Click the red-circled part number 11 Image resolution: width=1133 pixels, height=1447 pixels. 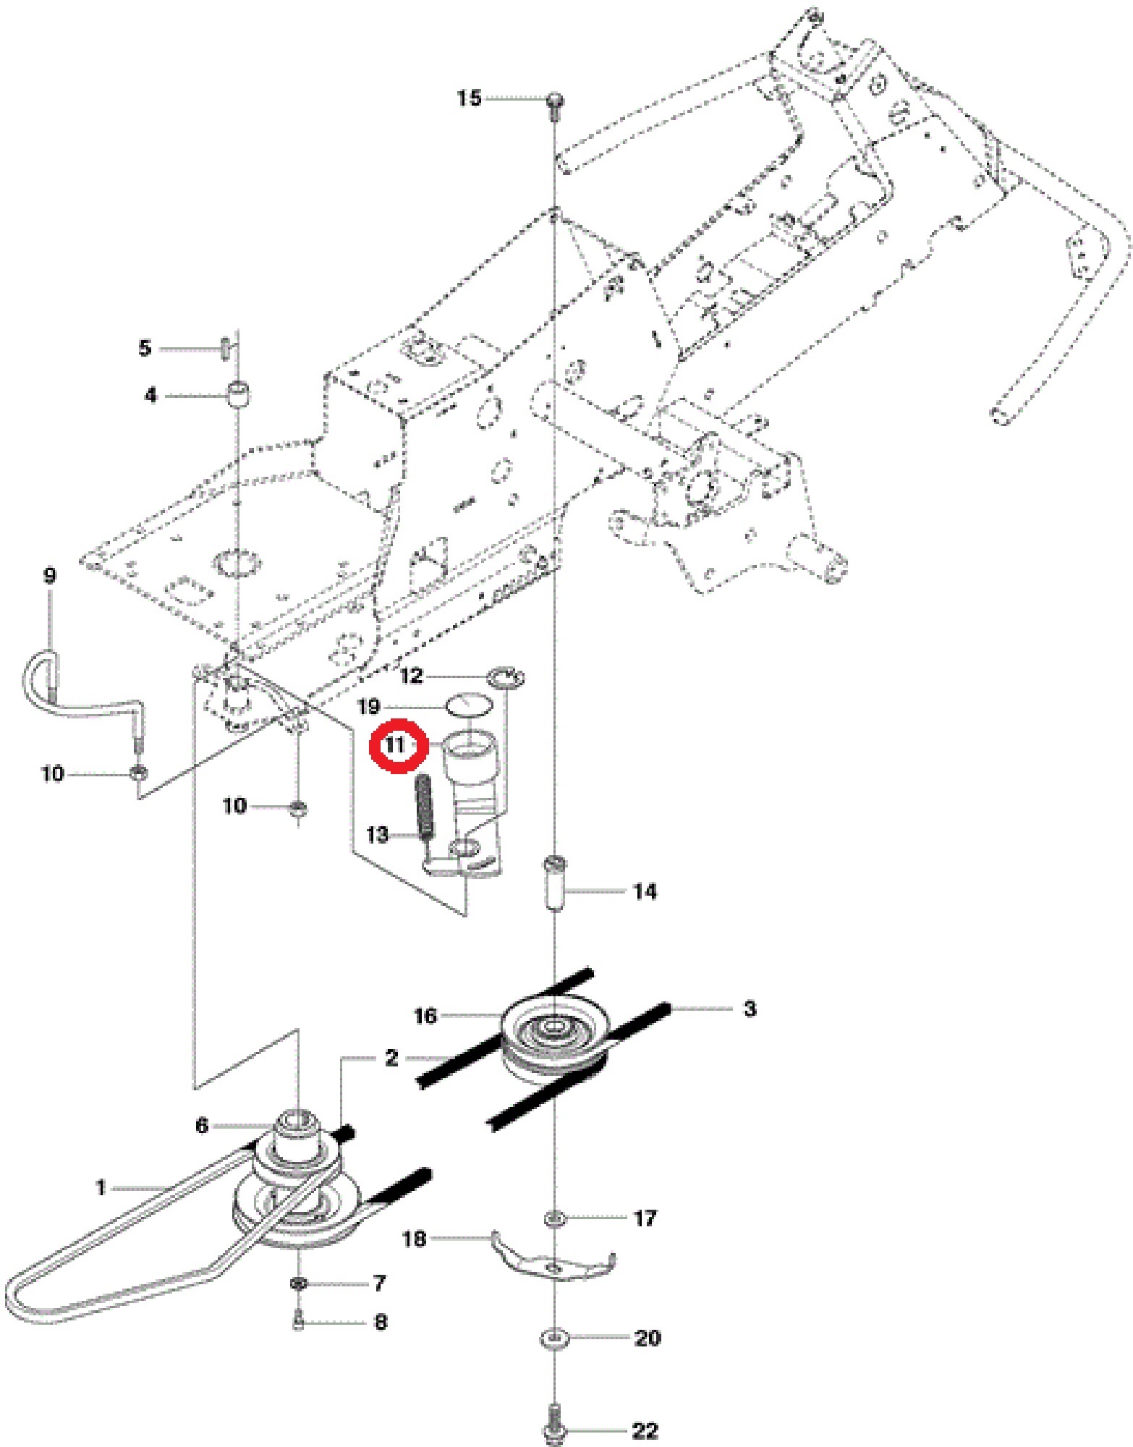tap(395, 745)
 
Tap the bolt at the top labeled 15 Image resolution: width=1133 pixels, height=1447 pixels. tap(555, 101)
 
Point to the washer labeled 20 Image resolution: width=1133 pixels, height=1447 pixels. tap(553, 1338)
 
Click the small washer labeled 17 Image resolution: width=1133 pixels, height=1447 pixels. tap(553, 1219)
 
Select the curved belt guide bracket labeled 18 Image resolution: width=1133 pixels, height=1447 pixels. tap(553, 1263)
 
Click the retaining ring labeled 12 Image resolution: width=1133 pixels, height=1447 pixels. tap(506, 679)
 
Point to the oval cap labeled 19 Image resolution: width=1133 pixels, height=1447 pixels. tap(469, 705)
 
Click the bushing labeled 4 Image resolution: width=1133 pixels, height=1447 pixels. tap(239, 396)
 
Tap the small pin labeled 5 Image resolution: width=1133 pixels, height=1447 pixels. tap(225, 347)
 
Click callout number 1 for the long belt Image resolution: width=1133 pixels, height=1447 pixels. tap(101, 1188)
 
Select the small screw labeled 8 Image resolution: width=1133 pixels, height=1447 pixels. tap(299, 1322)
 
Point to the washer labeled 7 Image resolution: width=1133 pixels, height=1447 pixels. tap(298, 1283)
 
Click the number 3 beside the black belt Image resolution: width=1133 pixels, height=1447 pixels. tap(750, 1009)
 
